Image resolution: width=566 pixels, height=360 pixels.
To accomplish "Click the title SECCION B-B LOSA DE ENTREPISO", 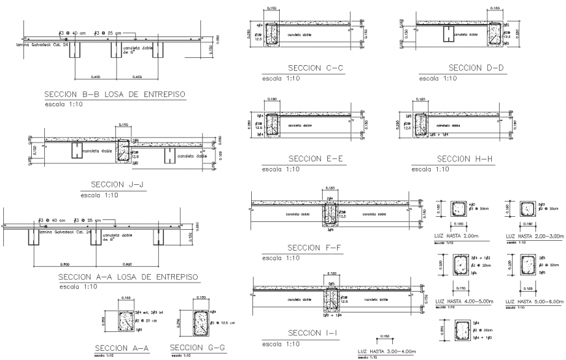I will [114, 94].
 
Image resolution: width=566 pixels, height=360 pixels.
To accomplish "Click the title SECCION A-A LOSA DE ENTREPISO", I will [128, 277].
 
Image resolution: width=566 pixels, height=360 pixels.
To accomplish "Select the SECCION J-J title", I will [118, 184].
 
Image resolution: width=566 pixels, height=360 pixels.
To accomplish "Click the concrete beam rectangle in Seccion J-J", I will [122, 152].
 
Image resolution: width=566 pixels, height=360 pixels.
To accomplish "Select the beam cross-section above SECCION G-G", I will [200, 322].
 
